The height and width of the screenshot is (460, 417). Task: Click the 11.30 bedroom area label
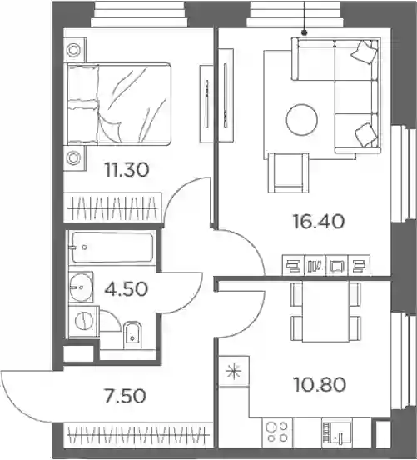click(127, 170)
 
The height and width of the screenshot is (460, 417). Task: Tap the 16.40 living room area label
click(319, 221)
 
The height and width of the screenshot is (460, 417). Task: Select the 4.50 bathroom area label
click(127, 289)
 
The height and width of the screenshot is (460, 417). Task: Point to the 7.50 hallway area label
click(125, 396)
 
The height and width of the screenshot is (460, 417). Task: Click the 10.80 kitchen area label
click(320, 385)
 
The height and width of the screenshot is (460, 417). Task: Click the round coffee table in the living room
click(302, 120)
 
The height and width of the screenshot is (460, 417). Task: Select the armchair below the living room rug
click(288, 172)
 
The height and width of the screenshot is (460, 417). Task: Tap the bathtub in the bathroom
click(112, 247)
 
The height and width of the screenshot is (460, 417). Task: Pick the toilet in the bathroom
click(132, 336)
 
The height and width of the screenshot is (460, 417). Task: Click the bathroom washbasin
click(81, 287)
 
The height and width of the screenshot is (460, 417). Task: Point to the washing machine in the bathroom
click(84, 321)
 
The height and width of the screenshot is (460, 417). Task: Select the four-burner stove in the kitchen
click(277, 432)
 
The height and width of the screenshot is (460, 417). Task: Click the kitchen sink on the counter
click(338, 433)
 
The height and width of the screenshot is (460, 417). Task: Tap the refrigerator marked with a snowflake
click(234, 372)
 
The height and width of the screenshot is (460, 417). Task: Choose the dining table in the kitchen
click(325, 311)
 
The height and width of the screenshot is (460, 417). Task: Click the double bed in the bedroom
click(119, 104)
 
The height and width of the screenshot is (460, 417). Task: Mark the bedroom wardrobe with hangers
click(113, 207)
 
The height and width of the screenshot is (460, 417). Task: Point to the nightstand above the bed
click(75, 50)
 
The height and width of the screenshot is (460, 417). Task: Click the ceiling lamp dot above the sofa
click(305, 32)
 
